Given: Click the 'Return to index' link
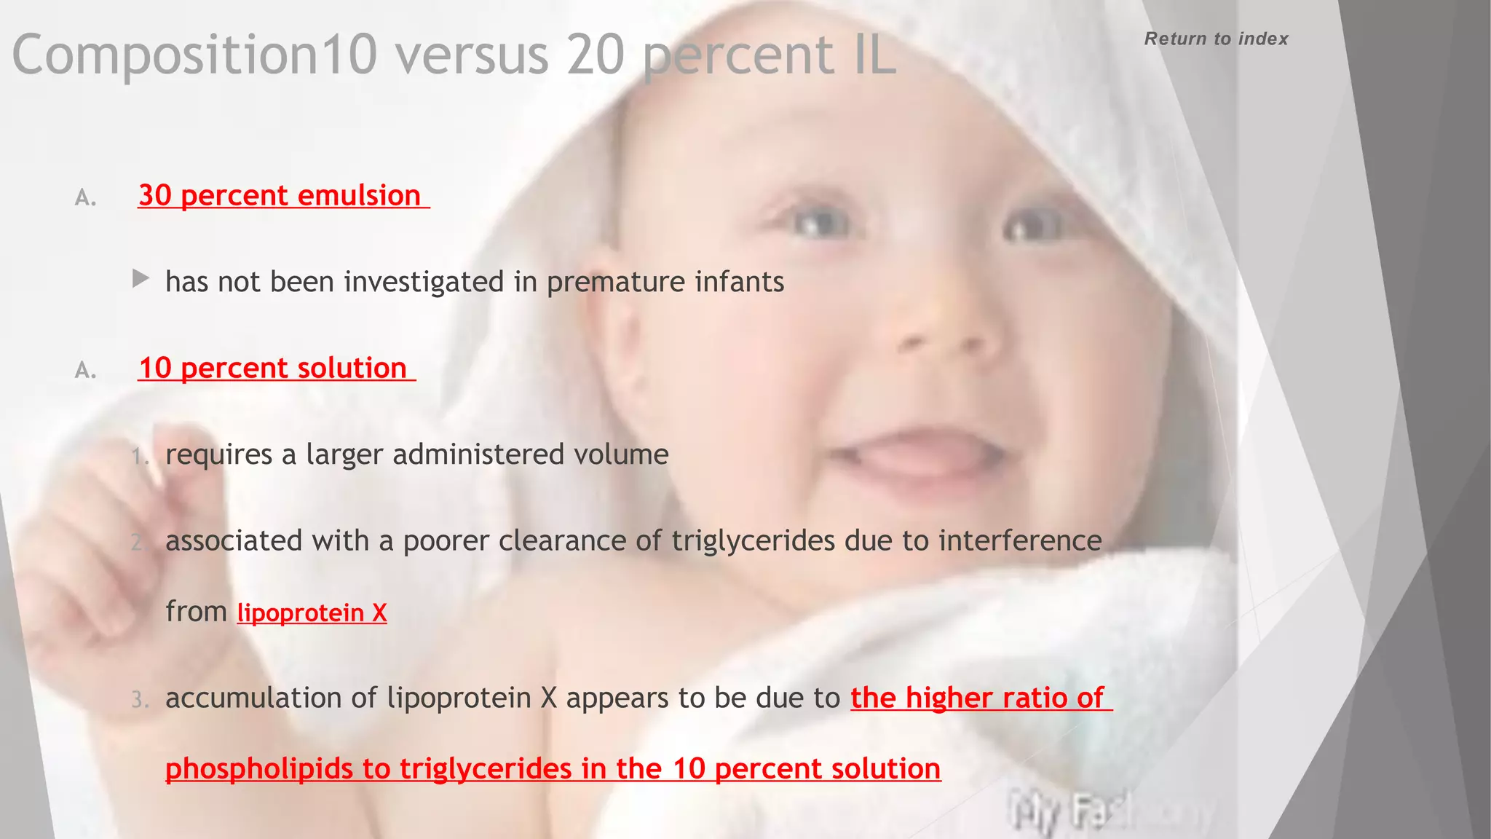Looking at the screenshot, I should click(x=1216, y=39).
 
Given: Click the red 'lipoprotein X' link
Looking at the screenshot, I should click(x=312, y=613).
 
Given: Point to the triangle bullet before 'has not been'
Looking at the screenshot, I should click(x=141, y=278).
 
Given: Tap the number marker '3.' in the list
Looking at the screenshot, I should click(x=140, y=700).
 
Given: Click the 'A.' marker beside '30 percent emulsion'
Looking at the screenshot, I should click(x=86, y=198).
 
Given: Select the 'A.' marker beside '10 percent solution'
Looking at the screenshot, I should click(x=86, y=371).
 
